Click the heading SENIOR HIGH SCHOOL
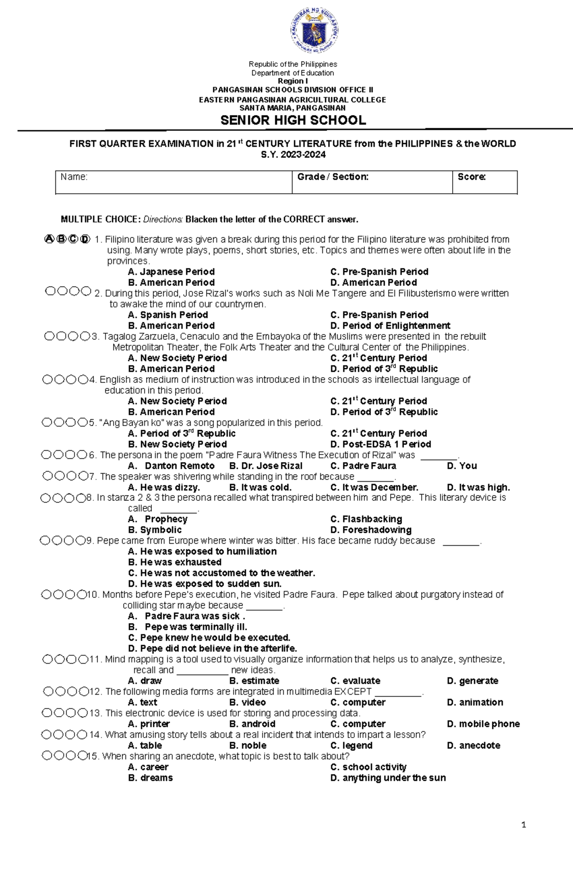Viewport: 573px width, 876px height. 293,120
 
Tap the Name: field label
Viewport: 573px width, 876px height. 74,177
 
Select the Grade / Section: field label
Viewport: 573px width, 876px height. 333,177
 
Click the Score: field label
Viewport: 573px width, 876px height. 471,177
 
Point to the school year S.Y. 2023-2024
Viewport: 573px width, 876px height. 293,154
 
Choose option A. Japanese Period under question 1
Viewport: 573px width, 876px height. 171,272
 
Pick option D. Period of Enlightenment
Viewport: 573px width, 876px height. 390,326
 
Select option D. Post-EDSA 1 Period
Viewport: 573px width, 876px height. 380,444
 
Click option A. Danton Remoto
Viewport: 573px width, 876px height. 171,465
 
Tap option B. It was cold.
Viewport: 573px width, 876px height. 260,487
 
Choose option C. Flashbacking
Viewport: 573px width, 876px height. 366,519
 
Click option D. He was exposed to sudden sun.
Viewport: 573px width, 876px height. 205,583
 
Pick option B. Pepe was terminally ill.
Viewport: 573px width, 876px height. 188,627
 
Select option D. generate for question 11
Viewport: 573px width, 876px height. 472,681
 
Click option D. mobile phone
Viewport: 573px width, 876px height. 483,724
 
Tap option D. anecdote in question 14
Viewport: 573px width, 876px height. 473,745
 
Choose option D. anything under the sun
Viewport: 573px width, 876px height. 388,778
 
